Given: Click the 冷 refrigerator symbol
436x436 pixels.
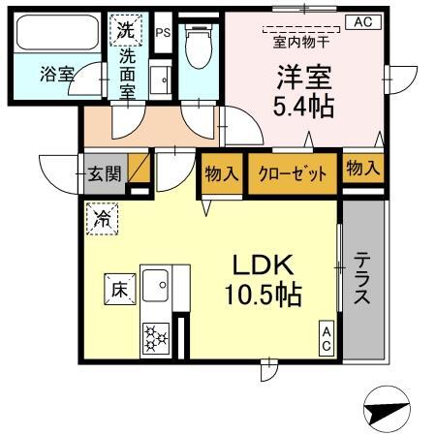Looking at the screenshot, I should point(102,218).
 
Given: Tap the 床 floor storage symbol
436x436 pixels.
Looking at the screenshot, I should point(118,287).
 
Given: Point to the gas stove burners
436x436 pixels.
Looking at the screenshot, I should point(155,337).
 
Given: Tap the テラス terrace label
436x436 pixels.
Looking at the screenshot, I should point(361,278).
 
